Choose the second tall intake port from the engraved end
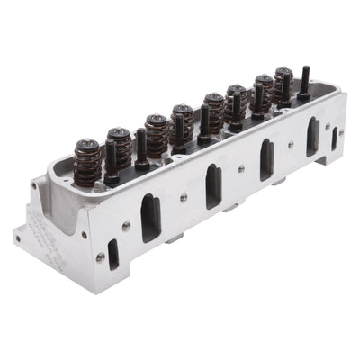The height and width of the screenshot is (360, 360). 213,186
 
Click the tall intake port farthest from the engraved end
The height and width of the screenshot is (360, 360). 312,136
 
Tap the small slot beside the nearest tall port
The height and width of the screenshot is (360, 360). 113,255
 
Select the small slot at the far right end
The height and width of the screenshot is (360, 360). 334,138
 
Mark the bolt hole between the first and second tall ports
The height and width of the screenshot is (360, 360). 184,197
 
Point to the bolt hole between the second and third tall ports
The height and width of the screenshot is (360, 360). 241,168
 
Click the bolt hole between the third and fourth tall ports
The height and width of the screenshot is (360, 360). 291,144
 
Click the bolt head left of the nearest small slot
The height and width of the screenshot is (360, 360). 100,257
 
